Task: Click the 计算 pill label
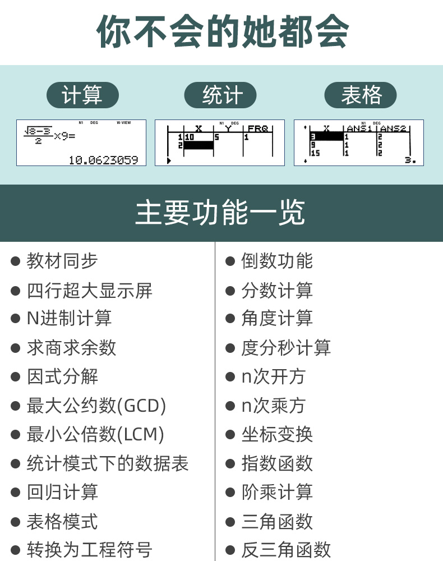(82, 95)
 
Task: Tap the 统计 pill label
(220, 95)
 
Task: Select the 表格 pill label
(361, 95)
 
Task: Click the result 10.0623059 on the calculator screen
(103, 160)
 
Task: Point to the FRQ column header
(257, 129)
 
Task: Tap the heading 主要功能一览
(220, 213)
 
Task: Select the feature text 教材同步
(62, 261)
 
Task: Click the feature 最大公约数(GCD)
(96, 406)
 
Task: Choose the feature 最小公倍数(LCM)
(95, 434)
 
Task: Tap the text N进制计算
(69, 318)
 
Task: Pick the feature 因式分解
(62, 376)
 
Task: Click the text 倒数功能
(277, 261)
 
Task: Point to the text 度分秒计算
(286, 347)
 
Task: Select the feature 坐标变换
(277, 434)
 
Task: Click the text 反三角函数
(286, 550)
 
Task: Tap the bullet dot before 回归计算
(16, 493)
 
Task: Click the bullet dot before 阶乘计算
(230, 493)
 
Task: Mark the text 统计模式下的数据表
(108, 463)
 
